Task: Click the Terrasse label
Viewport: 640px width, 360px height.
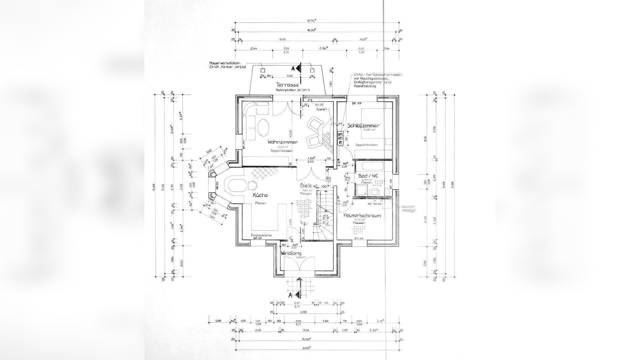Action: (287, 85)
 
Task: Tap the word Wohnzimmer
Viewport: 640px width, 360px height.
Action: (283, 142)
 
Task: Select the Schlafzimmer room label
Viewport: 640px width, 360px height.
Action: (363, 126)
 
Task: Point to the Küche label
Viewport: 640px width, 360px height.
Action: (260, 195)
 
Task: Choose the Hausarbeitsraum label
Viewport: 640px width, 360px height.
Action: (362, 216)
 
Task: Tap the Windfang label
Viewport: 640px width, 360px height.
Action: (291, 253)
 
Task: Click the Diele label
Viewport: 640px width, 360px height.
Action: (306, 186)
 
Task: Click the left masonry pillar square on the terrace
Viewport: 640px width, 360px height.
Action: (263, 70)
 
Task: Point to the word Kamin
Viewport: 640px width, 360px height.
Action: (322, 109)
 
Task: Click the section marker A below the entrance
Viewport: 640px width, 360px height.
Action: (290, 295)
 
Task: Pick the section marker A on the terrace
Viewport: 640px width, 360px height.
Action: (293, 69)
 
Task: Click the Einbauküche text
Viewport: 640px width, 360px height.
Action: (261, 235)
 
